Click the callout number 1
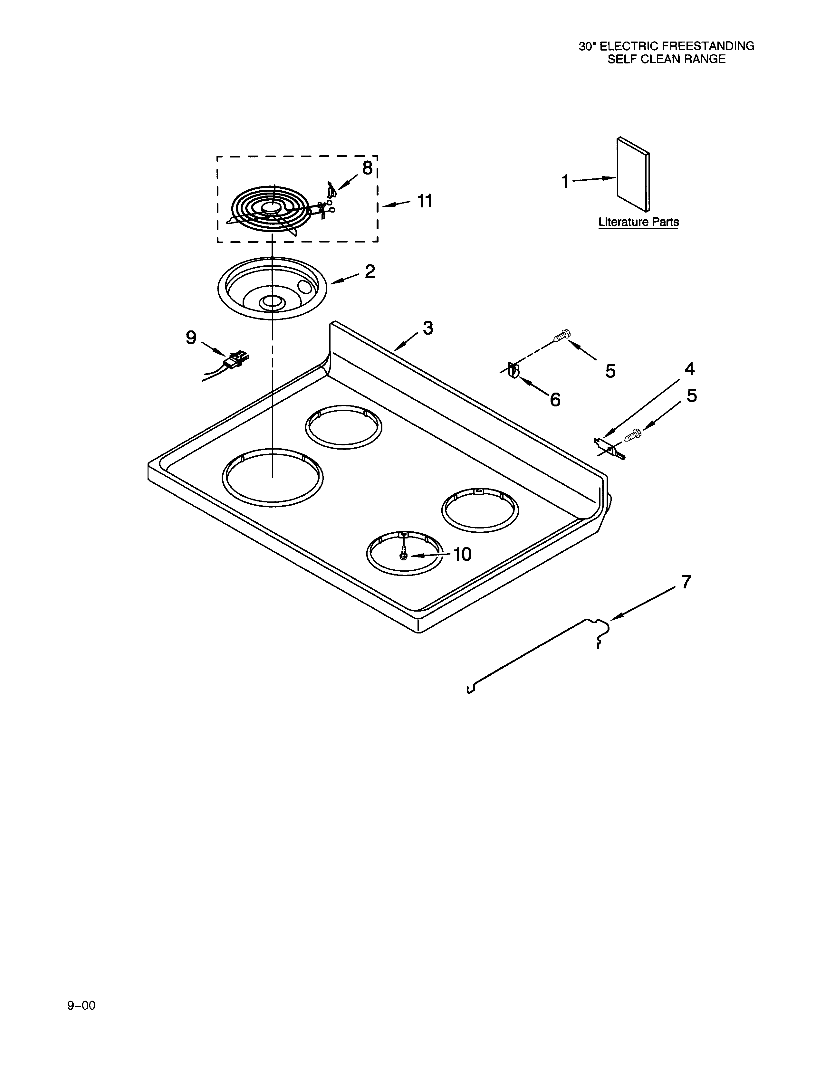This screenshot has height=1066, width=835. tap(565, 182)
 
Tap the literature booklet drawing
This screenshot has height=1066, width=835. tap(634, 176)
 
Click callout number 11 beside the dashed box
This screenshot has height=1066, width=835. tap(424, 201)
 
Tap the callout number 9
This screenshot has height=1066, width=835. tap(191, 337)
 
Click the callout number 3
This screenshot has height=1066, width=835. tap(428, 328)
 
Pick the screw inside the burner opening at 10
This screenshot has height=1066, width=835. tap(403, 555)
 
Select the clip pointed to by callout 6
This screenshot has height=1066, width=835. tap(513, 370)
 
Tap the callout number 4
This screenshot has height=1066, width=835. tap(689, 369)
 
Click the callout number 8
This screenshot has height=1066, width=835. tap(367, 168)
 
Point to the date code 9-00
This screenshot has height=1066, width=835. tap(82, 1005)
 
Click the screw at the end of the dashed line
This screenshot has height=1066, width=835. tap(562, 336)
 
